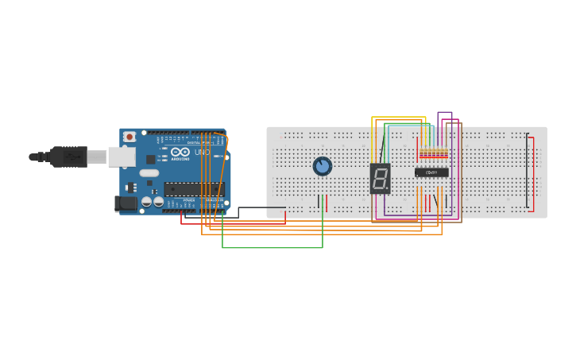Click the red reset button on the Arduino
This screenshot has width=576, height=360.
tap(130, 137)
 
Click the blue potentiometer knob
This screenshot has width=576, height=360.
tap(323, 166)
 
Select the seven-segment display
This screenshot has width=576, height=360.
tap(381, 178)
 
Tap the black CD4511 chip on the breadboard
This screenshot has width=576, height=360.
tap(431, 172)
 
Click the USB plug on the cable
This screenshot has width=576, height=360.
tap(70, 157)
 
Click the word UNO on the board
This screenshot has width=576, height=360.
tap(202, 152)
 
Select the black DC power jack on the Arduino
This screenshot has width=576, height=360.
tap(126, 203)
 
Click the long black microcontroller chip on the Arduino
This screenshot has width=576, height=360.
tap(194, 189)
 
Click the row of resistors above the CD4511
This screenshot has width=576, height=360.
tap(434, 153)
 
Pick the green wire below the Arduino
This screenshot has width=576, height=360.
tap(270, 248)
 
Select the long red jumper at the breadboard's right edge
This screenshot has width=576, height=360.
tap(533, 172)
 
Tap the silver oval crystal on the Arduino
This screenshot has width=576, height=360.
tap(149, 172)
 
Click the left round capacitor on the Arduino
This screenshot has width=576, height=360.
tap(147, 202)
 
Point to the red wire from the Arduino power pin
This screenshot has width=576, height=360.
tap(230, 223)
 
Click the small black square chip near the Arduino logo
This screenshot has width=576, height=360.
tap(150, 159)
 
